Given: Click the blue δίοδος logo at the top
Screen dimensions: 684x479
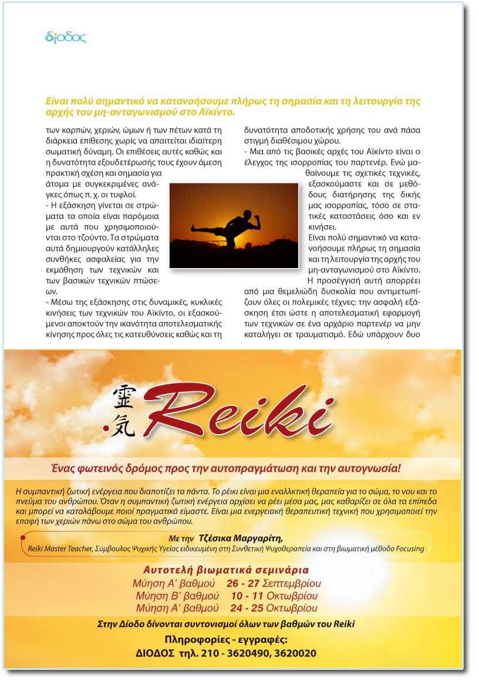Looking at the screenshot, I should click(66, 38).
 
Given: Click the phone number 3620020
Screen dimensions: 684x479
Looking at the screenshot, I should click(297, 653).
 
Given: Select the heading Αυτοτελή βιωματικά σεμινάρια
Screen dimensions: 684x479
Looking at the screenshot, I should click(226, 570).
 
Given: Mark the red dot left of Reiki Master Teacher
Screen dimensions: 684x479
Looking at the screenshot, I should click(22, 537).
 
